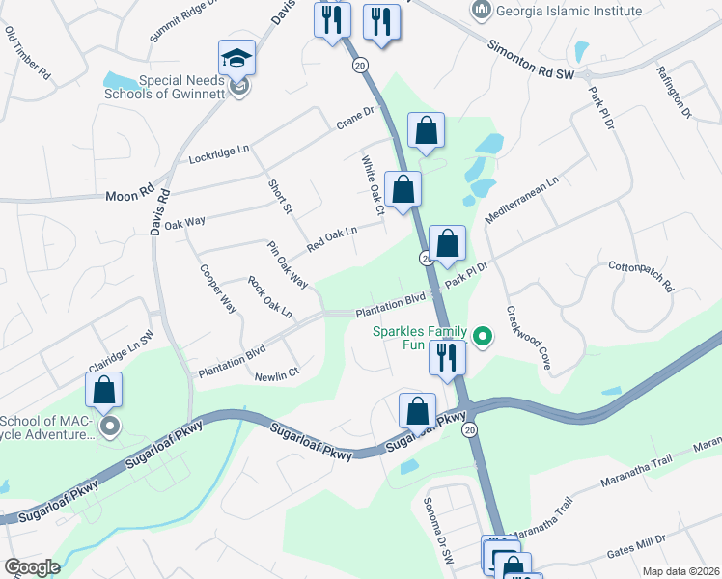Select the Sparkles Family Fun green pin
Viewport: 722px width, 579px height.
click(483, 337)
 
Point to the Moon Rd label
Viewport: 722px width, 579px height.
click(130, 196)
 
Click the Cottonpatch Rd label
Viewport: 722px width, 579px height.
click(640, 274)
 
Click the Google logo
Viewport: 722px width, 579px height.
click(31, 567)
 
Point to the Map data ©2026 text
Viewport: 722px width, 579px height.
click(681, 571)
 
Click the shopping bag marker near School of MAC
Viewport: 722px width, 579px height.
click(104, 390)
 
